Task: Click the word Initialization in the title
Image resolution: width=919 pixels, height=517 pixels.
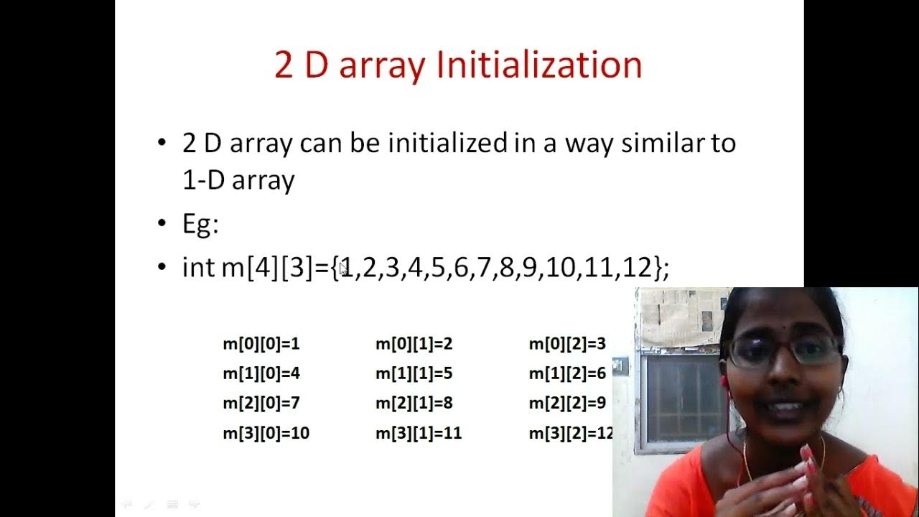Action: (539, 65)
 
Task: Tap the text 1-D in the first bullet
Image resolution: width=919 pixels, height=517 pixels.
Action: (203, 180)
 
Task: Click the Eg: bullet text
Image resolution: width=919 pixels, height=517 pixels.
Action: (200, 225)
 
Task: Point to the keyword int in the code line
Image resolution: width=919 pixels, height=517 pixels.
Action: (199, 267)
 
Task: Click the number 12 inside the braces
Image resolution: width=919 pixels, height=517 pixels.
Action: (638, 267)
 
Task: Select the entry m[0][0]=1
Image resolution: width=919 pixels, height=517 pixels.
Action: (261, 344)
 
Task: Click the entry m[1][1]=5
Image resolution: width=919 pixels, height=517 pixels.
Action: (414, 373)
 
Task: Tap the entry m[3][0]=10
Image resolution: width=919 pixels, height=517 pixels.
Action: (266, 434)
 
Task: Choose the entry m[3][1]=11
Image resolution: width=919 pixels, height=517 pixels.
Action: (419, 434)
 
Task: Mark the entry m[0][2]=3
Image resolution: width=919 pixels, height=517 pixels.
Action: (567, 344)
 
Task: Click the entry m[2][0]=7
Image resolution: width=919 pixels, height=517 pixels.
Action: (261, 404)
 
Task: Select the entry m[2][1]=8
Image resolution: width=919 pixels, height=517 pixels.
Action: (414, 404)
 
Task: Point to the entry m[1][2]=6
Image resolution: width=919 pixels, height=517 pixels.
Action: (567, 373)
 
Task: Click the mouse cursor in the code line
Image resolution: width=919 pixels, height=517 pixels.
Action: (343, 269)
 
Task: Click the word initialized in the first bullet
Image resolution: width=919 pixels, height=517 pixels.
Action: (447, 143)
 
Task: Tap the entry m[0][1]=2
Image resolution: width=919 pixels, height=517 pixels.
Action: (414, 344)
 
